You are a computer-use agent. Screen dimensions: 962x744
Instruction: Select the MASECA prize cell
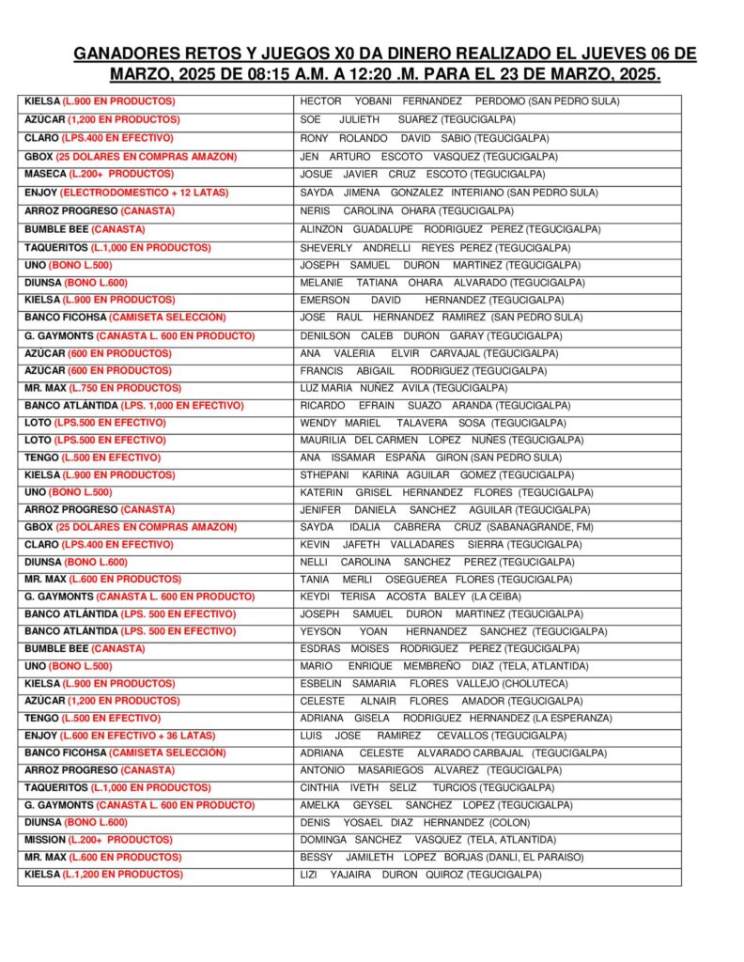point(99,174)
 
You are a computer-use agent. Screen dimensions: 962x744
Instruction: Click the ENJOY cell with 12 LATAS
point(126,192)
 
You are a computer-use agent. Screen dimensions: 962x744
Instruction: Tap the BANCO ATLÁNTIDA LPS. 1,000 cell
point(133,405)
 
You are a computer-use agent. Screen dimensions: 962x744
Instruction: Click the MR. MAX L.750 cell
point(102,387)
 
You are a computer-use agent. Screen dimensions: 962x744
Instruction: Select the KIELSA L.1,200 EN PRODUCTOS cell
point(103,875)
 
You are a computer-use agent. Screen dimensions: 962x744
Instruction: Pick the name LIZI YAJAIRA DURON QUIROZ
point(420,875)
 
